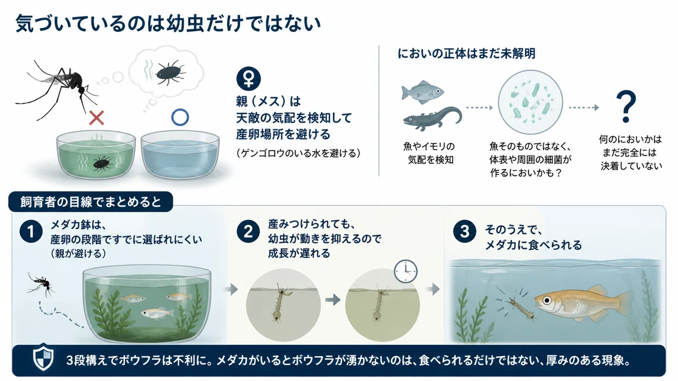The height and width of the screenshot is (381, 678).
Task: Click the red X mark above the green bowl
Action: click(x=97, y=117)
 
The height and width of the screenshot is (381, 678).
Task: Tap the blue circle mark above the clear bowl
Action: click(x=180, y=117)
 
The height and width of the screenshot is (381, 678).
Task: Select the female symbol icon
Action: click(x=249, y=78)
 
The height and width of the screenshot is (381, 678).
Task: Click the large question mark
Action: click(x=625, y=107)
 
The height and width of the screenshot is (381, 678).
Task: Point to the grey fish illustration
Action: click(x=423, y=92)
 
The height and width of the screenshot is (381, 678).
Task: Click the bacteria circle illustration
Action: click(x=531, y=102)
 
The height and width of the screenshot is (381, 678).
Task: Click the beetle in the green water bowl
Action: click(x=102, y=164)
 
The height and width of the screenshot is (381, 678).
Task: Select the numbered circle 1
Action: click(x=31, y=232)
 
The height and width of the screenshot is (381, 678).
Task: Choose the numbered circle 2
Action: click(x=248, y=232)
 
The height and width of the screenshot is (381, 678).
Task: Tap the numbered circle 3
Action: click(x=464, y=232)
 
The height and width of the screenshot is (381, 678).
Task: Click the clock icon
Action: click(x=406, y=271)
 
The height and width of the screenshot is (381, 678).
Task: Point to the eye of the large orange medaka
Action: click(x=547, y=300)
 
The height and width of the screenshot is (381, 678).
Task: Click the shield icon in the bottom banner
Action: click(x=44, y=357)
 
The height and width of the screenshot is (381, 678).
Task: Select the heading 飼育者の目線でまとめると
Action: click(x=90, y=202)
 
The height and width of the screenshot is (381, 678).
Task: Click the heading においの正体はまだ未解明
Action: click(x=467, y=54)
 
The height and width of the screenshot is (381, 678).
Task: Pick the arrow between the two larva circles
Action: click(x=333, y=300)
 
